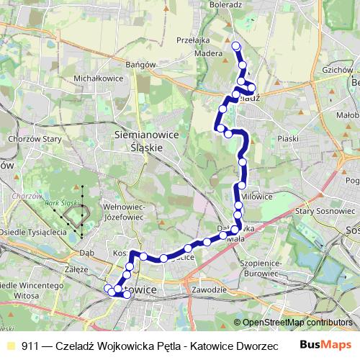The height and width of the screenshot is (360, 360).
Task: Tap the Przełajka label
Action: tap(192, 41)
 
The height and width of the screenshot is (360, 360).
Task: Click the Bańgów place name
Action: tap(140, 64)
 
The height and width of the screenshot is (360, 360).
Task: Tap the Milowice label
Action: tap(257, 196)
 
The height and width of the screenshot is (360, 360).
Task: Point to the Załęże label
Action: tap(76, 269)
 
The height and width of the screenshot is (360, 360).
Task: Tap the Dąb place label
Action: tap(87, 253)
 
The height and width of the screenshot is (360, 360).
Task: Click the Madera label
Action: tap(208, 53)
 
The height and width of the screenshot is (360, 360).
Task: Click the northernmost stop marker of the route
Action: tap(235, 46)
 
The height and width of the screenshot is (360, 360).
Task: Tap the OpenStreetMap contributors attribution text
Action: tap(297, 323)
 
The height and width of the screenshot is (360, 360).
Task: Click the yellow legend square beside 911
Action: tap(9, 346)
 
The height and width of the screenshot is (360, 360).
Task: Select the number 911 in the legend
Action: tap(31, 346)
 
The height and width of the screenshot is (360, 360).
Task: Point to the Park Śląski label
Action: tap(61, 204)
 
